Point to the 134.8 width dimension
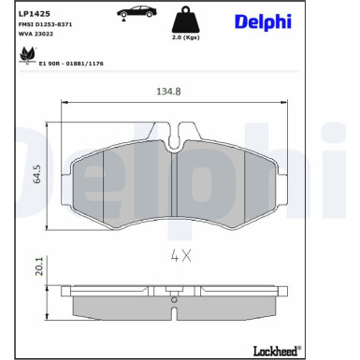point(167,93)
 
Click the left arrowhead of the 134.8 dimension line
point(64,103)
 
